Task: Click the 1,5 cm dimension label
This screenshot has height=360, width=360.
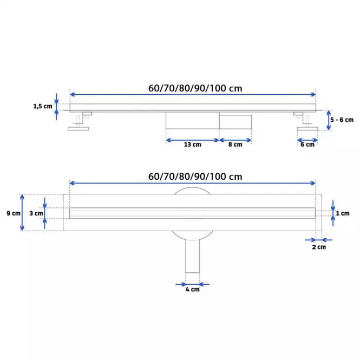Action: point(43,106)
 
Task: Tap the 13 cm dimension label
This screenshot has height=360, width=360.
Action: point(192,145)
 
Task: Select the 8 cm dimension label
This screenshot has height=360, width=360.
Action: point(235,145)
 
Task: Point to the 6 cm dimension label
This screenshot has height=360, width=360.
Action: point(307,145)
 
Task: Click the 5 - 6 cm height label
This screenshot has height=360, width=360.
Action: point(342,120)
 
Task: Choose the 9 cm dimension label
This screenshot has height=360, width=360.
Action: point(14,213)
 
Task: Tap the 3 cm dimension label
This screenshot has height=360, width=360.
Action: point(36,213)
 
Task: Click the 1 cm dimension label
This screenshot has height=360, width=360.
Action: point(343,213)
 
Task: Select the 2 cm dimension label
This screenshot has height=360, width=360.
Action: point(319,247)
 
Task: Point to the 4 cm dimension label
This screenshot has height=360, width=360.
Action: point(192,289)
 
